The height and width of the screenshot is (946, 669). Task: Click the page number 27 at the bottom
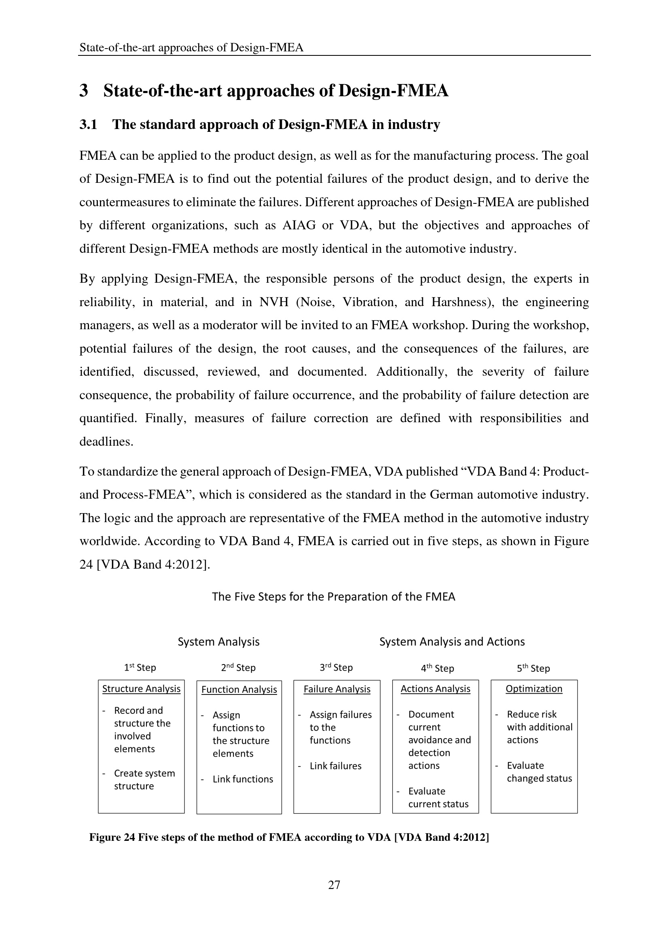point(334,885)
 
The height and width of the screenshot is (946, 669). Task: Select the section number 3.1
point(88,125)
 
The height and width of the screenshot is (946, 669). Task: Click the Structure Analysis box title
point(141,689)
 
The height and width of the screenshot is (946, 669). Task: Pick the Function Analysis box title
point(239,690)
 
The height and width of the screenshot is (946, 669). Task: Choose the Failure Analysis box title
point(337,689)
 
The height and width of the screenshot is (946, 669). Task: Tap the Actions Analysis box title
point(436,689)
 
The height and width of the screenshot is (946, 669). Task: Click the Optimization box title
point(534,689)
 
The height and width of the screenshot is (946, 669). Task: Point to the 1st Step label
point(140,668)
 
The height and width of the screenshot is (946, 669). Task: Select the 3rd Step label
point(336,668)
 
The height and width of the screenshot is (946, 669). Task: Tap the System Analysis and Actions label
point(452,642)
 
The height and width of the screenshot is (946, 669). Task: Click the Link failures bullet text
point(335,766)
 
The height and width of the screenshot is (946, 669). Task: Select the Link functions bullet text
point(243,779)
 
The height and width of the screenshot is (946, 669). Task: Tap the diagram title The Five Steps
point(333,597)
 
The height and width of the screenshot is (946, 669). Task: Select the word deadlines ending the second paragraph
point(106,442)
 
